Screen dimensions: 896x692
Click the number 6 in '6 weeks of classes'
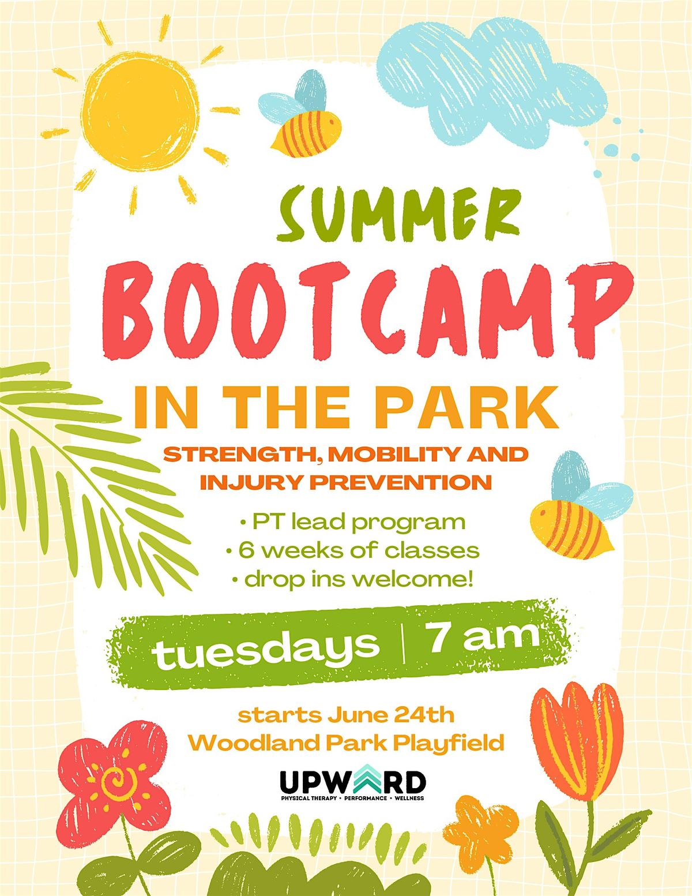245,550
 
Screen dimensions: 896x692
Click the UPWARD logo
352,785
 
